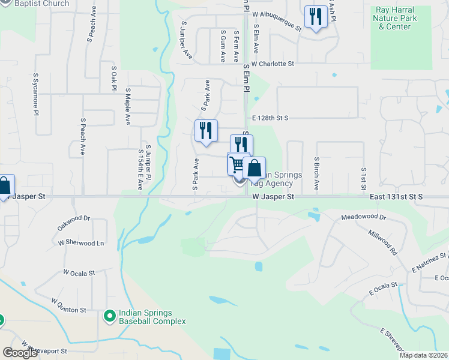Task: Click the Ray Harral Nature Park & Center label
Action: pos(399,18)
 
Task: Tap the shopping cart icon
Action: pos(238,164)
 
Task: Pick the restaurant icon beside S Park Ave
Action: pos(206,131)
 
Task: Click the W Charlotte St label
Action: pos(273,64)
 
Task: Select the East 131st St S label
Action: pos(396,196)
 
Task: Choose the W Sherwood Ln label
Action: pos(80,243)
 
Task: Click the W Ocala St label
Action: pos(79,272)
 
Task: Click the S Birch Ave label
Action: pos(316,174)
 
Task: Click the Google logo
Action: pos(20,352)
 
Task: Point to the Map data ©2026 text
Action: pos(423,355)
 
